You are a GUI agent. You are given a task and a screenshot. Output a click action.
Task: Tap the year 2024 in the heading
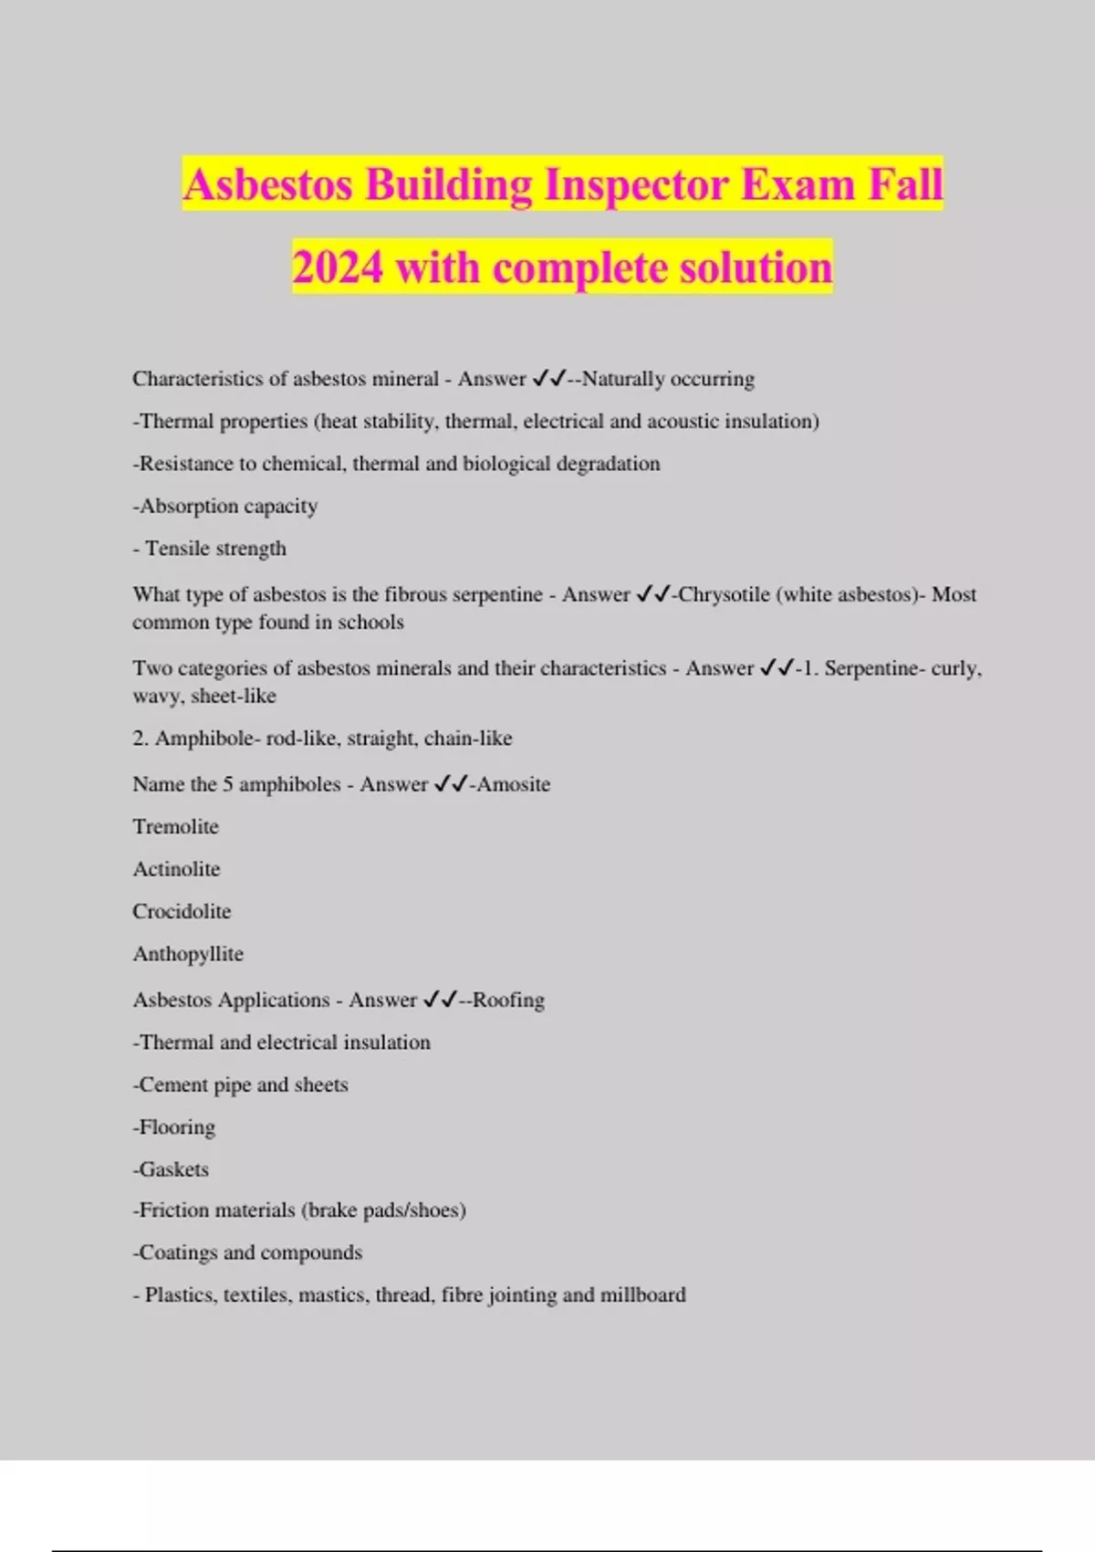coord(338,268)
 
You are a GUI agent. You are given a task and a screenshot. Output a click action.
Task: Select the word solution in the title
coord(756,268)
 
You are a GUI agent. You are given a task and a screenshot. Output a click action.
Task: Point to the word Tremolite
coord(175,827)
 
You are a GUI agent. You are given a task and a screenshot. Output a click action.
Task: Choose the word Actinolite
coord(176,869)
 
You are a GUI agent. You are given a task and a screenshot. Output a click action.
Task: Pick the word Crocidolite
coord(182,911)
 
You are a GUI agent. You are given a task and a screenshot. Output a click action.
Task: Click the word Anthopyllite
coord(188,954)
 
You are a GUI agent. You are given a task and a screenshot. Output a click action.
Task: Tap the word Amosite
coord(514,784)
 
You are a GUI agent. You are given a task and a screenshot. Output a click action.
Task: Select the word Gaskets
coord(173,1169)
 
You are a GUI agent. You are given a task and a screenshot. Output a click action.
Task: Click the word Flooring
coord(177,1127)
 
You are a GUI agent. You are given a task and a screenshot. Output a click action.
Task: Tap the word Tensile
coord(177,549)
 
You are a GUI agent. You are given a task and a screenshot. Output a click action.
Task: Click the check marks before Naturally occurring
coord(549,378)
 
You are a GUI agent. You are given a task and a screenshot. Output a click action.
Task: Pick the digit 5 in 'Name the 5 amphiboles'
coord(228,784)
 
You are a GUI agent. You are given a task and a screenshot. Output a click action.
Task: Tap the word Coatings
coord(178,1253)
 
